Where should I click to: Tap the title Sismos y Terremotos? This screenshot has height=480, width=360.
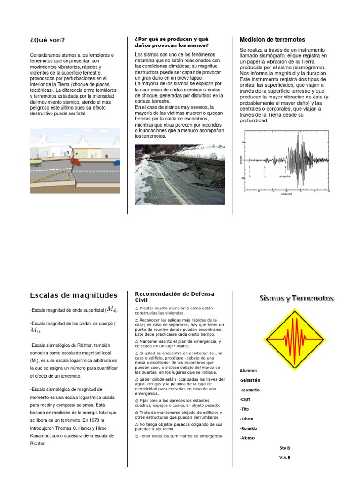297,299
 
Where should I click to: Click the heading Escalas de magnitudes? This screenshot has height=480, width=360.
73,295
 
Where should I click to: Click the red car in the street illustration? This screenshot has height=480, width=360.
75,162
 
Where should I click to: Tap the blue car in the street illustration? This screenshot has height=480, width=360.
116,163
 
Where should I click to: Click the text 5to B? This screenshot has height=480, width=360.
285,448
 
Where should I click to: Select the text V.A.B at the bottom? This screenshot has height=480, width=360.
285,458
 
